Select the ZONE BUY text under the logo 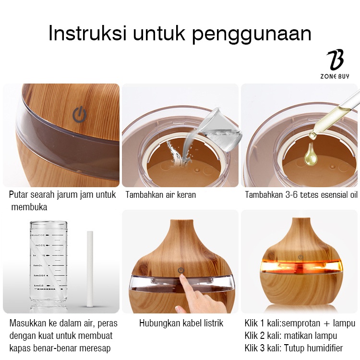click(x=335, y=76)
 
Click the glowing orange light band click(x=300, y=266)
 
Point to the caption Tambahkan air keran click(x=160, y=195)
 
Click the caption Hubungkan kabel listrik click(x=181, y=323)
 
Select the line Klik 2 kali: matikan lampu click(x=290, y=336)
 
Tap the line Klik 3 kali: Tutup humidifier click(x=293, y=348)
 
